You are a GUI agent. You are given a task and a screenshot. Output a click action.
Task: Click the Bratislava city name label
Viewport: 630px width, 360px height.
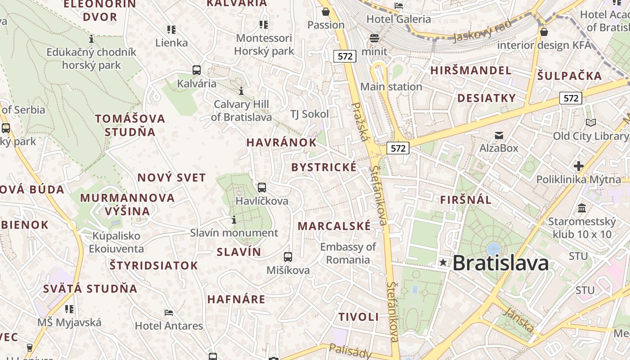click(500, 263)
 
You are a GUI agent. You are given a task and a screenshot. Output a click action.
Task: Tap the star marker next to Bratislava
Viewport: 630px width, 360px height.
click(443, 262)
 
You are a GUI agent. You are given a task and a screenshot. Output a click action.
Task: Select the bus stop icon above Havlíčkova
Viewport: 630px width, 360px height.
click(261, 187)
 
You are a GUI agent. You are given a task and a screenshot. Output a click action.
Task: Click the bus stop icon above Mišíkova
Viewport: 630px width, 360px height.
click(288, 257)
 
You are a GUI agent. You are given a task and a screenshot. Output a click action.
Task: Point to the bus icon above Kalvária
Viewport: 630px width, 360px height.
click(197, 70)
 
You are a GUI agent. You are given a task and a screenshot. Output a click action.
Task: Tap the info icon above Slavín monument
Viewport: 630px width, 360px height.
click(234, 220)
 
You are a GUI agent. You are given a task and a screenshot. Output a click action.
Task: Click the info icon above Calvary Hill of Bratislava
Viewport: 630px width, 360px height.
click(241, 91)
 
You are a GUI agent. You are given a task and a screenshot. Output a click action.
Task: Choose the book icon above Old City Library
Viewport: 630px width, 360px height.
click(590, 122)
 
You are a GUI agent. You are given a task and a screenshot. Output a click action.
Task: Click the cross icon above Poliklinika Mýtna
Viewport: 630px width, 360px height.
click(579, 166)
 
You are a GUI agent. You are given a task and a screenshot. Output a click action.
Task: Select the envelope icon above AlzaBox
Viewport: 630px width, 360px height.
click(499, 135)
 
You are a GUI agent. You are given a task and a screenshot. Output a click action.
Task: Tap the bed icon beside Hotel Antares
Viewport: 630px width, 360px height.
click(169, 312)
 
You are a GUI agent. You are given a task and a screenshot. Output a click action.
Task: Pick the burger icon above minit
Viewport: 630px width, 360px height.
click(374, 38)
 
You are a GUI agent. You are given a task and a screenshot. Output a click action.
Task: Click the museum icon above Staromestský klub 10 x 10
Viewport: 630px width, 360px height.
click(582, 208)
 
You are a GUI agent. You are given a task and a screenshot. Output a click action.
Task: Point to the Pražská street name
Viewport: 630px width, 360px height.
click(360, 121)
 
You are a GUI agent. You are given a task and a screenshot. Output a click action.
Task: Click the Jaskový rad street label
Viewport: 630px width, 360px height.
click(482, 31)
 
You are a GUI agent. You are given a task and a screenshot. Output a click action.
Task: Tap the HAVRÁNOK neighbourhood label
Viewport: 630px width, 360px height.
click(281, 143)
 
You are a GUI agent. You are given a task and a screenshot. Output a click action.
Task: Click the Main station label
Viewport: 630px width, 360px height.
click(391, 86)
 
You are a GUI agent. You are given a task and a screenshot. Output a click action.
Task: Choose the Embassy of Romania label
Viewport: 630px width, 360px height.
click(348, 253)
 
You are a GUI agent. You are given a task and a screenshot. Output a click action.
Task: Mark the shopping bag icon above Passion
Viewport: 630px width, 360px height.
click(325, 11)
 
